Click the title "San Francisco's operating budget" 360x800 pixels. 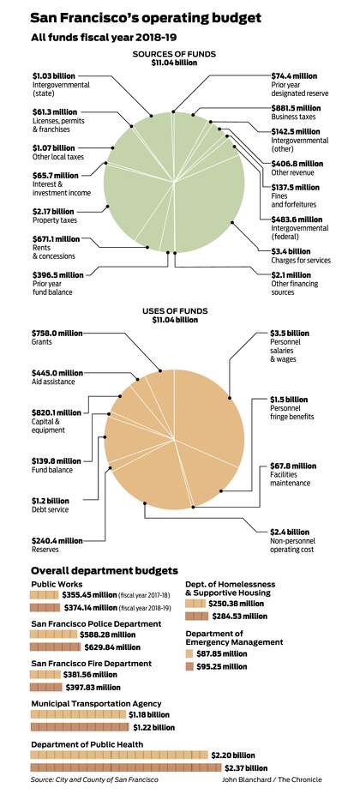click(146, 18)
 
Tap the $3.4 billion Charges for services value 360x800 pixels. click(290, 251)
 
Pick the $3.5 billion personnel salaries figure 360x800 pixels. click(290, 334)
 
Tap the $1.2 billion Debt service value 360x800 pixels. click(51, 501)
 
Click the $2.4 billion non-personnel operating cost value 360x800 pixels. click(290, 532)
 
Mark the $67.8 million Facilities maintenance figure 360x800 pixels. click(293, 466)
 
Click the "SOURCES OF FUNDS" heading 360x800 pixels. click(174, 54)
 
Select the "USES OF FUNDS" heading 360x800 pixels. click(175, 310)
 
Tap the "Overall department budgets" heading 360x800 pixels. click(105, 570)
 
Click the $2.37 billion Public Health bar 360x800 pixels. click(126, 767)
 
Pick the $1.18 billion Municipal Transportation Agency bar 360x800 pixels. click(78, 714)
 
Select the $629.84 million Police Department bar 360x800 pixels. click(56, 647)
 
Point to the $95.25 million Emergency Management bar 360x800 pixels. click(189, 666)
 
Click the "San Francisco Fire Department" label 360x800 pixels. click(91, 664)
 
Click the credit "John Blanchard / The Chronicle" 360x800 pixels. click(272, 779)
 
